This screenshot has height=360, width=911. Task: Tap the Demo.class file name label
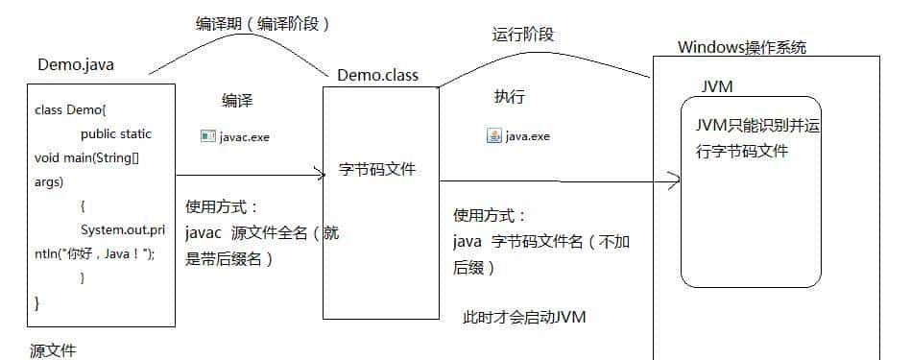tap(377, 75)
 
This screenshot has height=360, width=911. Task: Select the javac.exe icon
tap(207, 136)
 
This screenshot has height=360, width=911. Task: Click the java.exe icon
tap(493, 136)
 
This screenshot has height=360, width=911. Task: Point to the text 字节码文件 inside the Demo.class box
tap(377, 169)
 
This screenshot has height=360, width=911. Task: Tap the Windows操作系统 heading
tap(742, 47)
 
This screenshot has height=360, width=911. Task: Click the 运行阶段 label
tap(522, 36)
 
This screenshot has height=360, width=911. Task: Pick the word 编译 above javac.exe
tap(239, 101)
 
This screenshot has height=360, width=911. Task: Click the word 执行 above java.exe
tap(510, 97)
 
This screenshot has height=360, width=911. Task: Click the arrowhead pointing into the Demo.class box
tap(321, 174)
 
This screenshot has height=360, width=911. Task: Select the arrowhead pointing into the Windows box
tap(674, 179)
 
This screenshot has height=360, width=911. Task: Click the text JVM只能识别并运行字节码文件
tap(750, 139)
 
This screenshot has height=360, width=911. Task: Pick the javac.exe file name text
tap(245, 137)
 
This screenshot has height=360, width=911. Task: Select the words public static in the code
tap(116, 133)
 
